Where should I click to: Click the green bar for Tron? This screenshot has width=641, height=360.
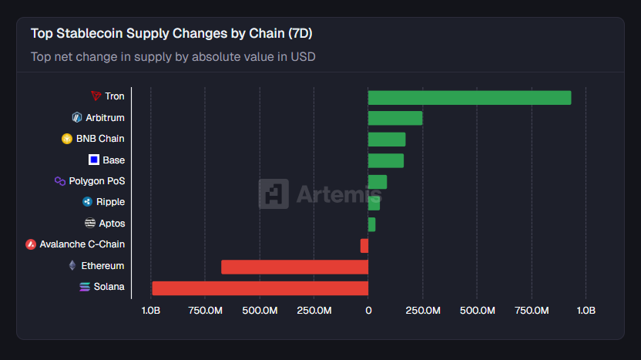[469, 97]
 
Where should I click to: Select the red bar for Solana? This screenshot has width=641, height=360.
[260, 288]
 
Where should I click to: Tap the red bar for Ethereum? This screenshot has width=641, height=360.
[294, 267]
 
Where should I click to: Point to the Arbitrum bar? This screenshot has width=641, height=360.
[395, 118]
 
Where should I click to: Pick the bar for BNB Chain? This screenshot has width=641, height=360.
[387, 140]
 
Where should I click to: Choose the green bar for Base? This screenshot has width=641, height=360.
[386, 160]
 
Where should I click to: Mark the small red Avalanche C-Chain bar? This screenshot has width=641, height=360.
[364, 246]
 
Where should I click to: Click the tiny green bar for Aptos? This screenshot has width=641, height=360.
[372, 224]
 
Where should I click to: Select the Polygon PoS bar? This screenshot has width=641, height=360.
[378, 182]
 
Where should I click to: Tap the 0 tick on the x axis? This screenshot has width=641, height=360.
[368, 310]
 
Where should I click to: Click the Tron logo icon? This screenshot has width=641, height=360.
[96, 96]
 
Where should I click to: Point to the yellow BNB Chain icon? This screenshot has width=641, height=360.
[67, 139]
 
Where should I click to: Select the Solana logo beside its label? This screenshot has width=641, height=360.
[85, 288]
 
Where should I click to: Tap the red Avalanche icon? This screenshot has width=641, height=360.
[31, 244]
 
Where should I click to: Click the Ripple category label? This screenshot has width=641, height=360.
[110, 202]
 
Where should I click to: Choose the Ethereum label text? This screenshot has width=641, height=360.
[102, 266]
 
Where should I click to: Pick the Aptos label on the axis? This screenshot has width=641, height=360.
[112, 224]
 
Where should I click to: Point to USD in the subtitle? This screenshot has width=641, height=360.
[303, 56]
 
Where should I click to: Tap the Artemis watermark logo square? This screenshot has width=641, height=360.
[274, 194]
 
